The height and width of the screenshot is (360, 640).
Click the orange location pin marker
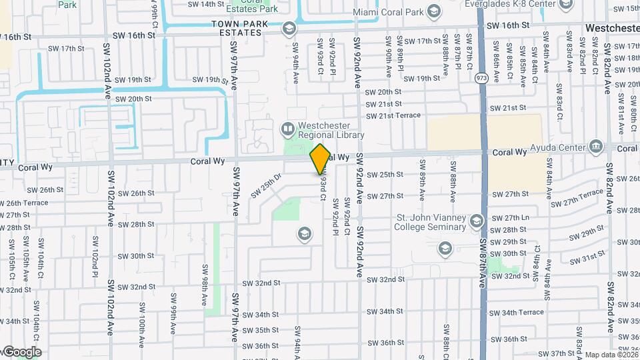pyautogui.click(x=321, y=159)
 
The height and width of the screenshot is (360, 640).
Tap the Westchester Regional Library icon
pyautogui.click(x=288, y=127)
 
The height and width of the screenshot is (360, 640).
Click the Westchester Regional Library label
pyautogui.click(x=331, y=130)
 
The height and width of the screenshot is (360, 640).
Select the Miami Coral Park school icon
pyautogui.click(x=435, y=12)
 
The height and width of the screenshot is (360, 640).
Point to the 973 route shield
pyautogui.click(x=481, y=77)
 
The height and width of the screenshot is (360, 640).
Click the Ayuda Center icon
pyautogui.click(x=596, y=147)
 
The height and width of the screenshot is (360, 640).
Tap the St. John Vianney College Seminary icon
pyautogui.click(x=476, y=221)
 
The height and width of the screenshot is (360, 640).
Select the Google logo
pyautogui.click(x=21, y=352)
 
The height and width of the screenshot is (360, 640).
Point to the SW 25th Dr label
pyautogui.click(x=268, y=185)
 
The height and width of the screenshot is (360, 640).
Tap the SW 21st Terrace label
pyautogui.click(x=393, y=115)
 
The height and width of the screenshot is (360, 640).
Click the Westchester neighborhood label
pyautogui.click(x=612, y=28)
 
